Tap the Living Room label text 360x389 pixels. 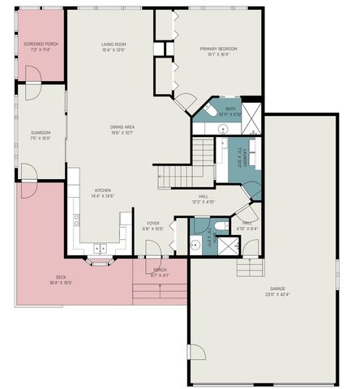[x=114, y=47]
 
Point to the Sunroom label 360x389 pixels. [x=41, y=135]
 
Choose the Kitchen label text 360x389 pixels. [x=103, y=193]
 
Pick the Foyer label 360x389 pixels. [x=153, y=225]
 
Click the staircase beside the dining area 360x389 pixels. [x=172, y=173]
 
